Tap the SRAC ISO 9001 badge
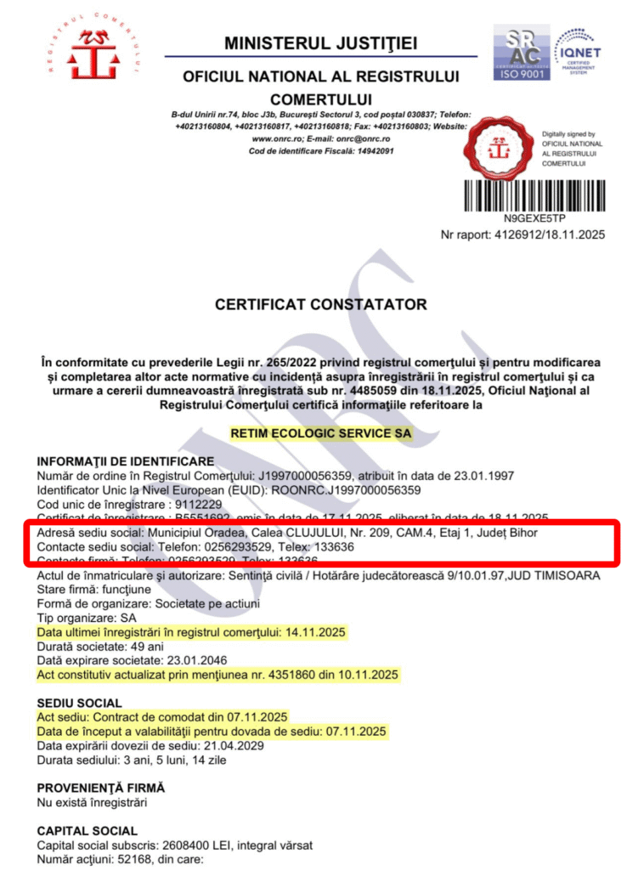click(x=522, y=53)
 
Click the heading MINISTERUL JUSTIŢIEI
click(x=320, y=43)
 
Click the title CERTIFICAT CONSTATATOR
click(x=320, y=304)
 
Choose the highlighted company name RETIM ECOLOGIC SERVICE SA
click(x=320, y=433)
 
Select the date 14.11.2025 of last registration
click(x=314, y=633)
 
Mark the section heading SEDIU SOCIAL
click(x=79, y=703)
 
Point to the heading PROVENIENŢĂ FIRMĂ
click(x=101, y=788)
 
